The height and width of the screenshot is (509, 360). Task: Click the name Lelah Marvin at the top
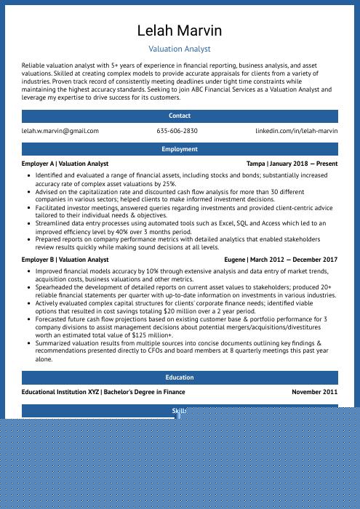[x=180, y=31]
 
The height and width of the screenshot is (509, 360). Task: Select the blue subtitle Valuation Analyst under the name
[x=180, y=49]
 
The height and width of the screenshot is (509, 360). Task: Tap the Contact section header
[x=180, y=116]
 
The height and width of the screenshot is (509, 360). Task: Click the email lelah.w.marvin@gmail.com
[x=60, y=131]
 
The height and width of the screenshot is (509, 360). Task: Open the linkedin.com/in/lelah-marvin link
[x=297, y=131]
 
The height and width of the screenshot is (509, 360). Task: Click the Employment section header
[x=180, y=149]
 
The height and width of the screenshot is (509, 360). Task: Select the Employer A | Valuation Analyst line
[x=65, y=164]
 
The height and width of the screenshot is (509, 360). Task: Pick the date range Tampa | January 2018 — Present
[x=292, y=164]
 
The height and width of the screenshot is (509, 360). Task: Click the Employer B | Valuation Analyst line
[x=65, y=260]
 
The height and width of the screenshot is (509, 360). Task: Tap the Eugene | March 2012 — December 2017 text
[x=281, y=260]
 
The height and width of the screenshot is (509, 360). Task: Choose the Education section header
[x=180, y=377]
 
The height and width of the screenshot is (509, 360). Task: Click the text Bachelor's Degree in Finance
[x=144, y=392]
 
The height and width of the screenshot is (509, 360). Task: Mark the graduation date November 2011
[x=315, y=392]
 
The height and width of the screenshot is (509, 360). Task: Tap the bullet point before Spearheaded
[x=28, y=286]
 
